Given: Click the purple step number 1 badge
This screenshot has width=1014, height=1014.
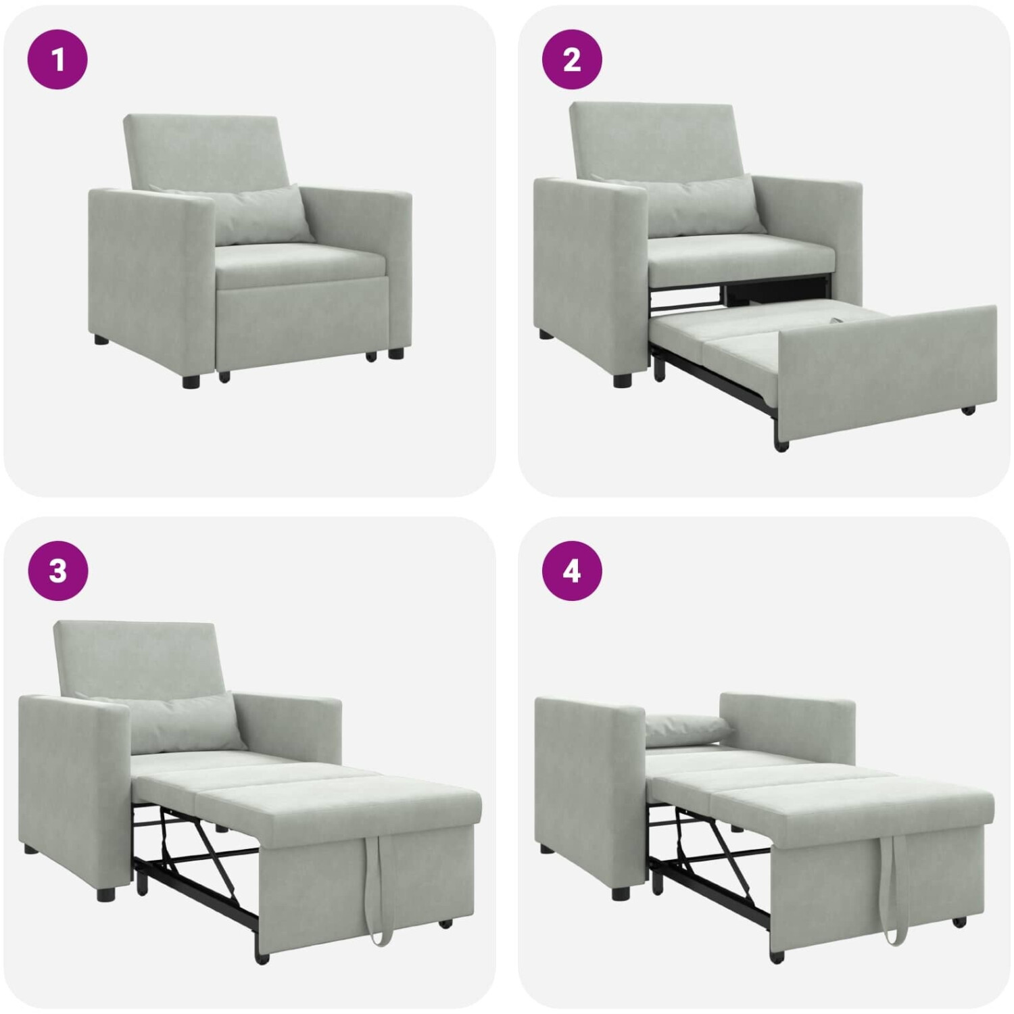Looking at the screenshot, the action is point(57,59).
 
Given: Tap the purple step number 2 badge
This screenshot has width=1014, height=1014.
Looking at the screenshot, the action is point(572,59).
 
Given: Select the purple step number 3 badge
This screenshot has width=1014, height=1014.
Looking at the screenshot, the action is point(57,571).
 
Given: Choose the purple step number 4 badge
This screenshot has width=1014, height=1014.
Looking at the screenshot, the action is point(572,571).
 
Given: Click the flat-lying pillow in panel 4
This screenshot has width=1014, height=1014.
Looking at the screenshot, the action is point(688,729).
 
